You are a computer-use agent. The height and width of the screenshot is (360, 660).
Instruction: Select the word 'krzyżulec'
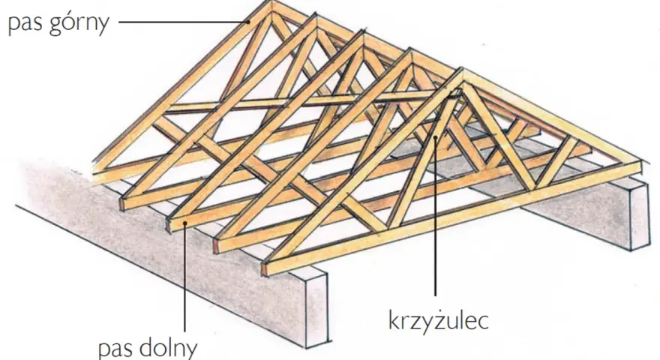438,321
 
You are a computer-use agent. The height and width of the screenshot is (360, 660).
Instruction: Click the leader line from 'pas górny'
184,22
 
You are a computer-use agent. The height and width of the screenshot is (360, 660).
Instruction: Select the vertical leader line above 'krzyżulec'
436,214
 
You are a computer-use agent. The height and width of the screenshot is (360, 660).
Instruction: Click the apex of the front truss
462,70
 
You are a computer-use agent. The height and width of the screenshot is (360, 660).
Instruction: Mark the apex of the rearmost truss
271,2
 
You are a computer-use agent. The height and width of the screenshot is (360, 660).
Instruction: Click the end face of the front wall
315,310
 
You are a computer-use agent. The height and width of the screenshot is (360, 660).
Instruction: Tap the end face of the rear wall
640,214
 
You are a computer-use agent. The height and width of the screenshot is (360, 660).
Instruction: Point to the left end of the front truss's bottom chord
265,269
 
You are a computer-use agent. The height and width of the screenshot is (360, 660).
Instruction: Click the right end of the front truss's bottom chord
640,167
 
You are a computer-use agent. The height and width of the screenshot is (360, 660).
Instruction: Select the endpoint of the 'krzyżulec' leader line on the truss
436,136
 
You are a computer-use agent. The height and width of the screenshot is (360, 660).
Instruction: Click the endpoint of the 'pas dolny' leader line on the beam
184,223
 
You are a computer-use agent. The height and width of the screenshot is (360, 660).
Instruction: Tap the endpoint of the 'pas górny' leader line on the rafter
249,22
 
